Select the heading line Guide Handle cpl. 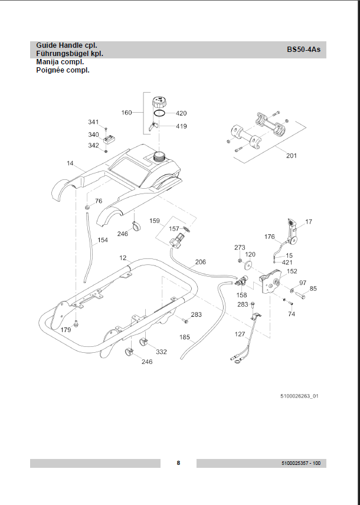67,45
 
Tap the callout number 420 181,113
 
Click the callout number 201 292,156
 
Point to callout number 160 127,113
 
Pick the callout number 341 93,122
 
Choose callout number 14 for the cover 70,163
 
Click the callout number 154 103,240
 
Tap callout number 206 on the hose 200,262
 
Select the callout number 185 185,337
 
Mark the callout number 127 240,334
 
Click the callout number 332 161,352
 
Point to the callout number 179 65,330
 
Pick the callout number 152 292,271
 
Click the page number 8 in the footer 178,463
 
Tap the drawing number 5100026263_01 300,396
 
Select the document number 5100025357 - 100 301,464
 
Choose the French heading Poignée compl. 63,70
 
